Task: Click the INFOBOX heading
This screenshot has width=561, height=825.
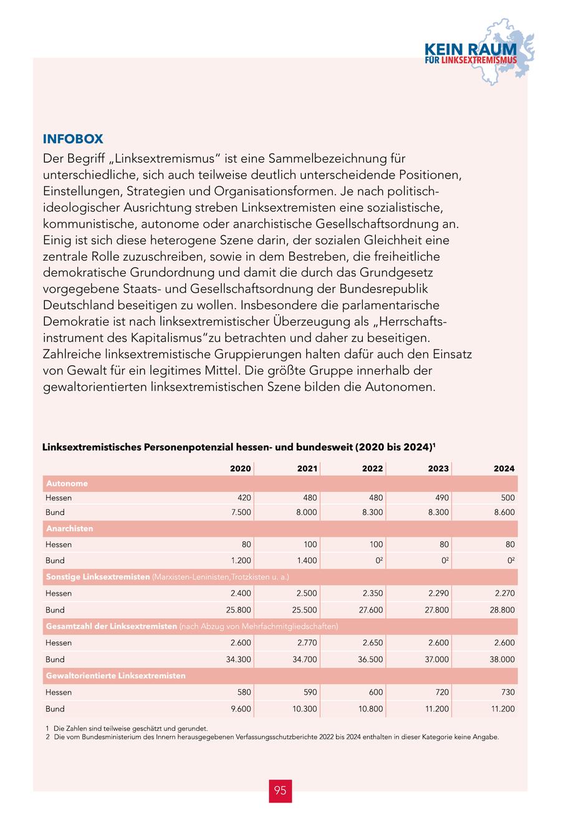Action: pos(73,139)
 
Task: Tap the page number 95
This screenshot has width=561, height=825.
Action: pos(280,791)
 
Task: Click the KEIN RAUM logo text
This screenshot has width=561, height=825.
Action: pos(471,50)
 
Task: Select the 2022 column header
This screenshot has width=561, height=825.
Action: pos(372,468)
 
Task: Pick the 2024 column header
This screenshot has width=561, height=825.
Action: pos(504,468)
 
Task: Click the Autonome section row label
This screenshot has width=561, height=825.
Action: pos(67,483)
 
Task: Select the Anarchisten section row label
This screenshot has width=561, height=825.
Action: pos(69,528)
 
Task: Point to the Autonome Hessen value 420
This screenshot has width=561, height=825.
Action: pos(244,498)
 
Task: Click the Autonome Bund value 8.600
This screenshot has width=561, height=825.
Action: pos(503,512)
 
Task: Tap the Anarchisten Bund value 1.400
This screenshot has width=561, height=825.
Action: pos(305,560)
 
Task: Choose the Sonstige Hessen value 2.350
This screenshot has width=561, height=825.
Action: pos(372,593)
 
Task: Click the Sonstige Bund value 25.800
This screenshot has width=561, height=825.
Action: pos(240,610)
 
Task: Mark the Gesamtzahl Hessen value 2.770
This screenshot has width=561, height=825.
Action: pos(305,642)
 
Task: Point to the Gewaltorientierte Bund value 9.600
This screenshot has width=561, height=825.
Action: pos(241,709)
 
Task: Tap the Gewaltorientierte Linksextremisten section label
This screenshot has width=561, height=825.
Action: pos(115,675)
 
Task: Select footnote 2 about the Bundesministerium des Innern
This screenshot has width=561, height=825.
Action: pos(272,736)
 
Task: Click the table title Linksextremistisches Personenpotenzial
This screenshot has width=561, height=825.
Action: pos(238,447)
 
